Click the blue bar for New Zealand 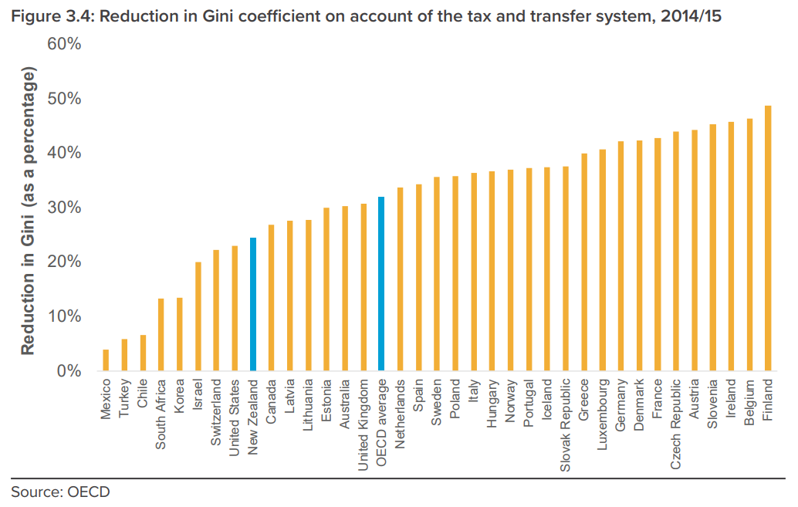coord(253,305)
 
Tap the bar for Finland coord(768,238)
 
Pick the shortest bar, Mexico coord(106,360)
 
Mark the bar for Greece coord(584,262)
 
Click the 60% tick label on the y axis coord(65,44)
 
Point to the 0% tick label coord(69,371)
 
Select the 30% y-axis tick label coord(65,208)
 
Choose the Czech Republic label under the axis coord(676,424)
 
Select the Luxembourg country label coord(603,416)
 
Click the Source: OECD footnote coord(60,492)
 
